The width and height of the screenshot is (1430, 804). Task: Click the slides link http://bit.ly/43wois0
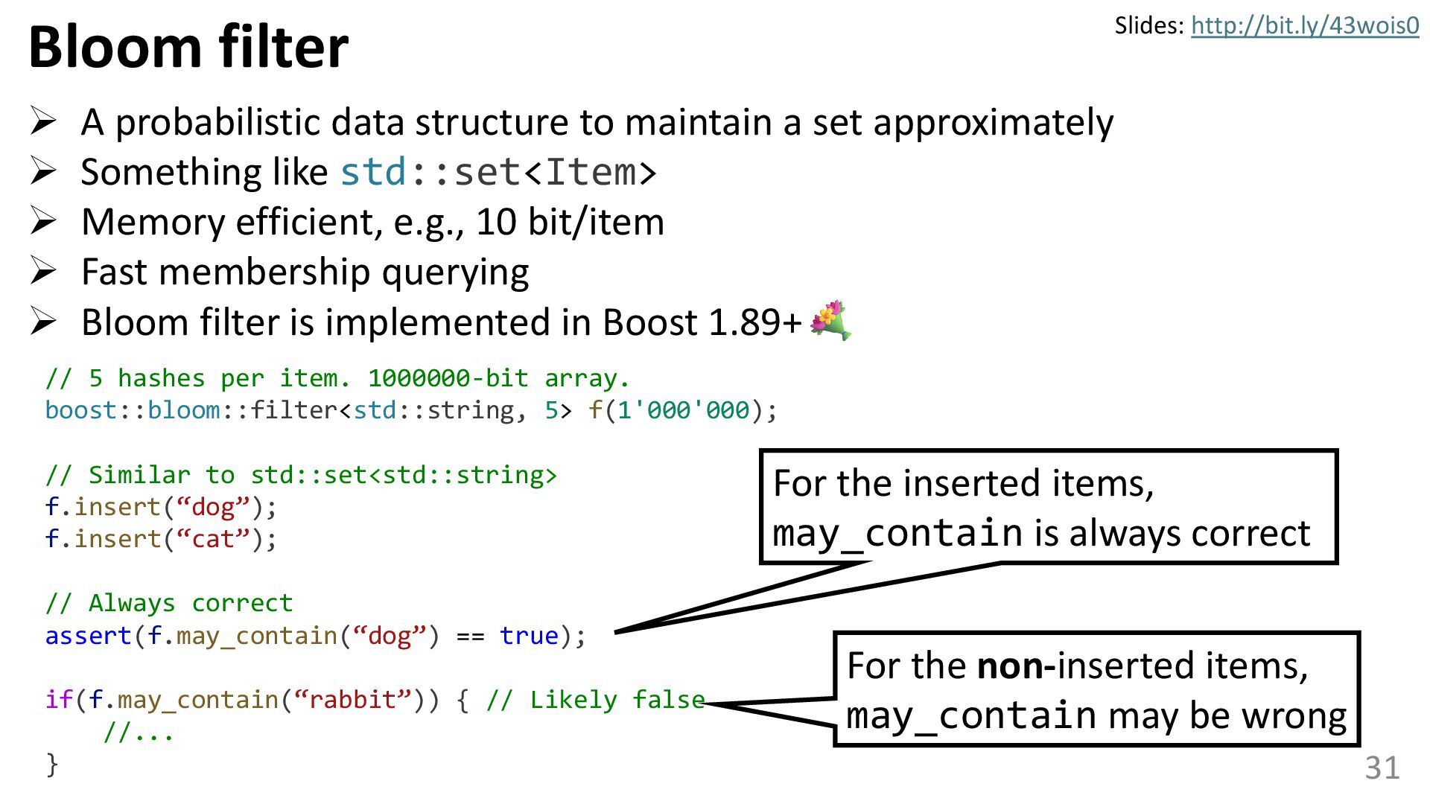click(x=1304, y=26)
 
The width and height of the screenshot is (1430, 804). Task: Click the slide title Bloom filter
click(x=188, y=46)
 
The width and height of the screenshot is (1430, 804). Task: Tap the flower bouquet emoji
click(x=830, y=320)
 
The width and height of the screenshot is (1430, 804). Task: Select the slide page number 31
click(x=1382, y=768)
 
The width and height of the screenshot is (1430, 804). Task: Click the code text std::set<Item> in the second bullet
click(x=498, y=172)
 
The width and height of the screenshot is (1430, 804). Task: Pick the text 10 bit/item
click(x=570, y=222)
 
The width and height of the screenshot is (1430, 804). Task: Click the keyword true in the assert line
click(x=529, y=636)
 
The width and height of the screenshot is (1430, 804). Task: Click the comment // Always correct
click(x=169, y=603)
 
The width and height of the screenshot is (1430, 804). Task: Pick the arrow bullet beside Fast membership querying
click(x=43, y=271)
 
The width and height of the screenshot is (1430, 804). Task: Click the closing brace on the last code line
click(x=51, y=764)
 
